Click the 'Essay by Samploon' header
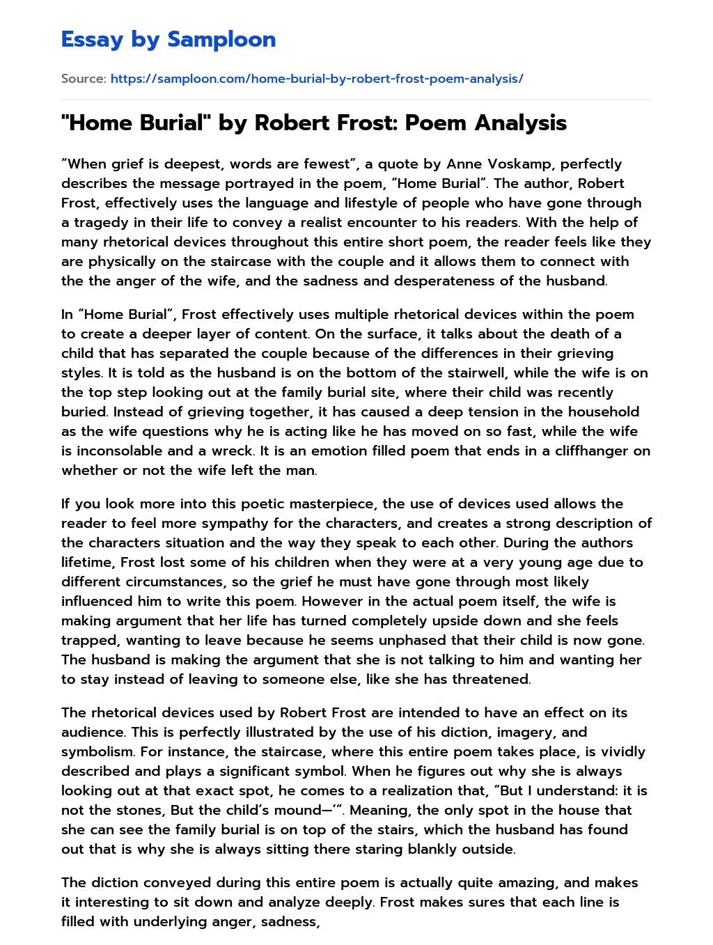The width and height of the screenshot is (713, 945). pos(169,40)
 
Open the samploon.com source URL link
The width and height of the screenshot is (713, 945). pos(317,79)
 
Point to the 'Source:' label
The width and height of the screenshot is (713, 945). pos(84,79)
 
